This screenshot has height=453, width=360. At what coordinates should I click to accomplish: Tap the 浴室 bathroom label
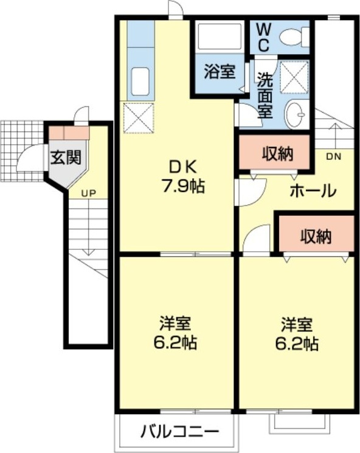pyautogui.click(x=219, y=72)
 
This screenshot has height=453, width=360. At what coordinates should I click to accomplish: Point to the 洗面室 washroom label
pyautogui.click(x=264, y=96)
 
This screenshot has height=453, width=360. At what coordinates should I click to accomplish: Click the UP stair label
pyautogui.click(x=89, y=193)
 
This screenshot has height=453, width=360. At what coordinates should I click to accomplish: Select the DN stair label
pyautogui.click(x=334, y=157)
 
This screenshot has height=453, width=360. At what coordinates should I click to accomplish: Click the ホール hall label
pyautogui.click(x=313, y=191)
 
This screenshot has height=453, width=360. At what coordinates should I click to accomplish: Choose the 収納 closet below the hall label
pyautogui.click(x=316, y=236)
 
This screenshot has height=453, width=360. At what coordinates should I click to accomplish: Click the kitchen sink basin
pyautogui.click(x=140, y=81)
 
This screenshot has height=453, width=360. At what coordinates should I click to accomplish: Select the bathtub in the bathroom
pyautogui.click(x=221, y=36)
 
